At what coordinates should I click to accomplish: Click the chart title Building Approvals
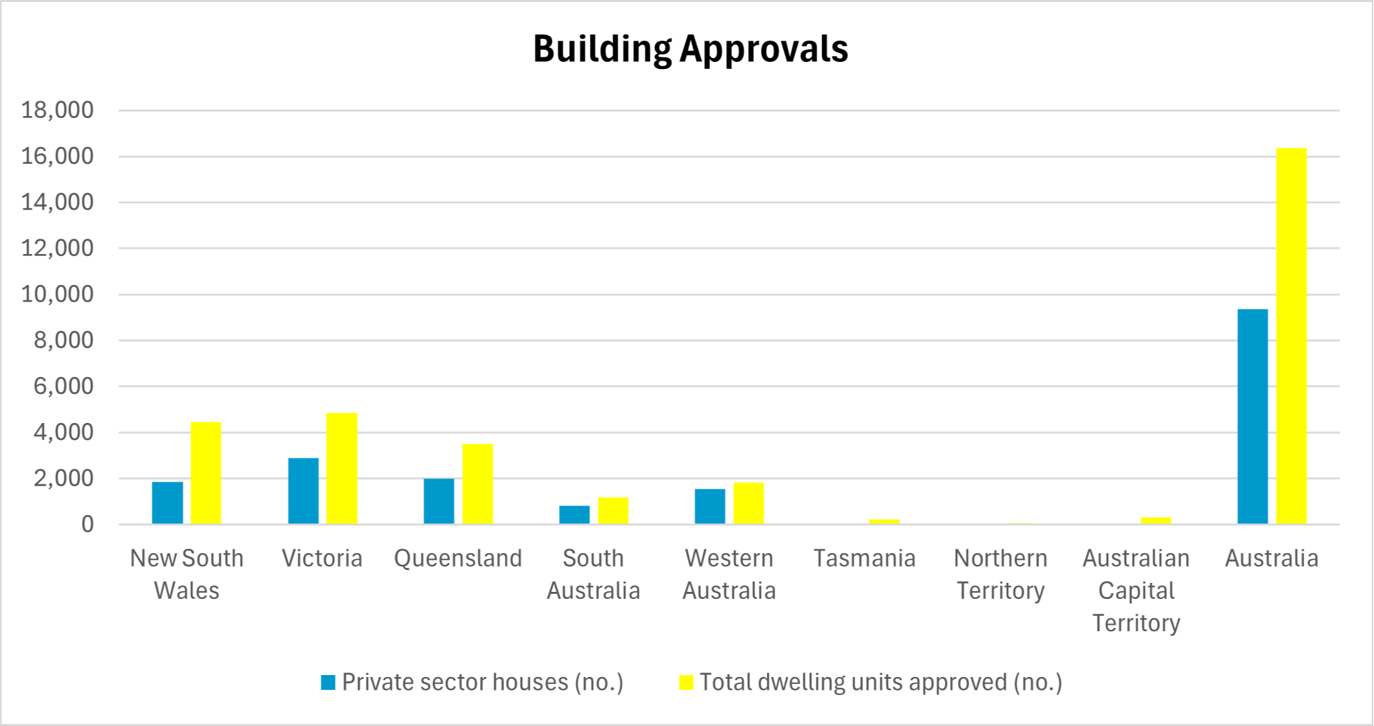click(690, 49)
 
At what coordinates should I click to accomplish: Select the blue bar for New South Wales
click(167, 502)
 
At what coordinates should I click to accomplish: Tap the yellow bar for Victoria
click(341, 468)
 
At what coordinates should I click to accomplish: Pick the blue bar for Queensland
click(439, 500)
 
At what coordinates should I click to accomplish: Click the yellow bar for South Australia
click(612, 510)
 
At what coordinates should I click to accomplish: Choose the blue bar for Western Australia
click(710, 506)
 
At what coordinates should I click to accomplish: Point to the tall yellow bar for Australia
click(1291, 335)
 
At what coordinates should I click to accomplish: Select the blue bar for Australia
click(1253, 416)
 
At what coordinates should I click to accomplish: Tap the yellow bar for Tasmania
click(884, 521)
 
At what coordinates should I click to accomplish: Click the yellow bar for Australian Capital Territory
click(1155, 520)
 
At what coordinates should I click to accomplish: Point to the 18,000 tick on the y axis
click(57, 110)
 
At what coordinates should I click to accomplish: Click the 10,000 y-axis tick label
click(57, 294)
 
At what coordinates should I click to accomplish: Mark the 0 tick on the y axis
click(87, 524)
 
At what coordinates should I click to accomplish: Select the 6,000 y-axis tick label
click(63, 386)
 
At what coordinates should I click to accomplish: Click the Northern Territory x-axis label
click(1000, 574)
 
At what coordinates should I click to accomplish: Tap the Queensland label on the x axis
click(458, 558)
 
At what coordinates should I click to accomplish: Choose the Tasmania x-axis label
click(864, 558)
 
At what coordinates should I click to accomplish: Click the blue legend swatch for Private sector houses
click(328, 682)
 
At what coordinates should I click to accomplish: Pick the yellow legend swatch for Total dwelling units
click(686, 682)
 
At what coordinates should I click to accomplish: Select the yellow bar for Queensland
click(478, 484)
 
